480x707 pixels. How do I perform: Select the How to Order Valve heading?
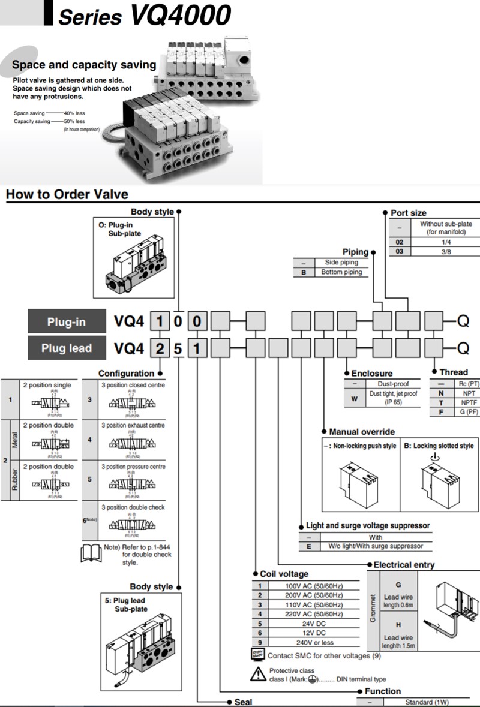tap(67, 194)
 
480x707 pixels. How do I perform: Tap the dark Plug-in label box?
tap(67, 322)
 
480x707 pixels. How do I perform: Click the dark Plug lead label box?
tap(67, 348)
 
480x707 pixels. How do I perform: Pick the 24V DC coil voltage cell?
tap(314, 623)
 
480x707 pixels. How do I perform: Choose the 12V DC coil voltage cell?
tap(314, 633)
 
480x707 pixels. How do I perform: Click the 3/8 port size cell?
tap(446, 252)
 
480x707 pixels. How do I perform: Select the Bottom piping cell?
tap(341, 272)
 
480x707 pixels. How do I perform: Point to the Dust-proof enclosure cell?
tap(393, 383)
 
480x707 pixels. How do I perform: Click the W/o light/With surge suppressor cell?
tap(375, 546)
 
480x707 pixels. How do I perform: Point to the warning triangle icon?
tap(258, 675)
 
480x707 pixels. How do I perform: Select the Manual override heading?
tap(362, 432)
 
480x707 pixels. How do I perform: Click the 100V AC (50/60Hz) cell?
tap(314, 585)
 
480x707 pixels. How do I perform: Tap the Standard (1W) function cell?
tap(426, 702)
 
